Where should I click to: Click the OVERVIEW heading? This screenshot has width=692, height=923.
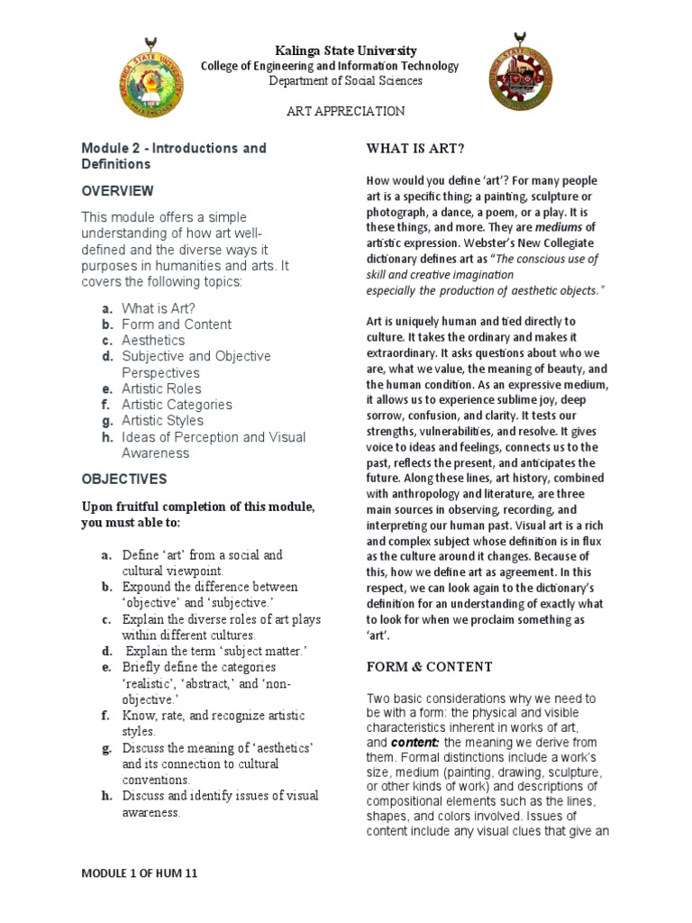[117, 191]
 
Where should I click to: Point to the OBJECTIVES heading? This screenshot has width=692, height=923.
[123, 479]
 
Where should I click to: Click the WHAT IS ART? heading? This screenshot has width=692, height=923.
[415, 148]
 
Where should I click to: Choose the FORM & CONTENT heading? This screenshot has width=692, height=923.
[429, 666]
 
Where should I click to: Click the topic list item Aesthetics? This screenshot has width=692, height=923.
[153, 340]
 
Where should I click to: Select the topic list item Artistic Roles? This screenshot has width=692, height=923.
[161, 388]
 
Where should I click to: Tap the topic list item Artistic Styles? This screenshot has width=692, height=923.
[162, 420]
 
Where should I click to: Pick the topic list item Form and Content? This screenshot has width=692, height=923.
[177, 324]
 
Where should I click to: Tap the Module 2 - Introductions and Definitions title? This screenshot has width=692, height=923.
[173, 156]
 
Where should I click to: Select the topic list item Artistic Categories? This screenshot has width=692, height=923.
[177, 405]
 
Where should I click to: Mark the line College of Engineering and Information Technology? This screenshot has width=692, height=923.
[329, 66]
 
